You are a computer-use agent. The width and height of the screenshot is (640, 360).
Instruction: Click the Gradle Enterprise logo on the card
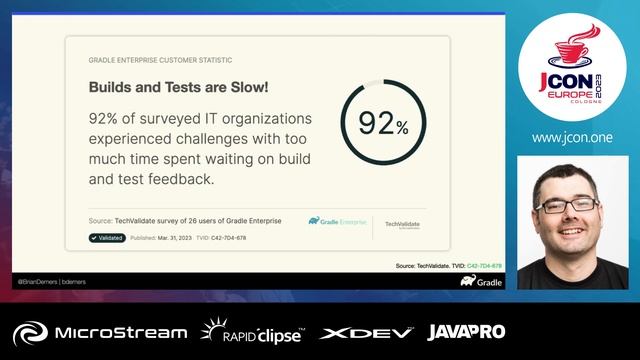point(337,221)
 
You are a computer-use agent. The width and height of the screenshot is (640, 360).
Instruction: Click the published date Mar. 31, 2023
point(179,238)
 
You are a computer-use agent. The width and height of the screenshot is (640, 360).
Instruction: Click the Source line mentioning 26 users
point(185,220)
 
